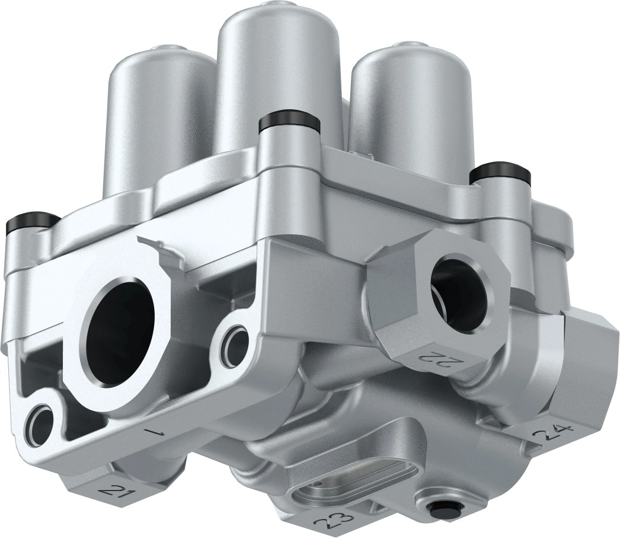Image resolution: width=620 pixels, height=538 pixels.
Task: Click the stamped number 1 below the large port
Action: [x=156, y=431]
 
